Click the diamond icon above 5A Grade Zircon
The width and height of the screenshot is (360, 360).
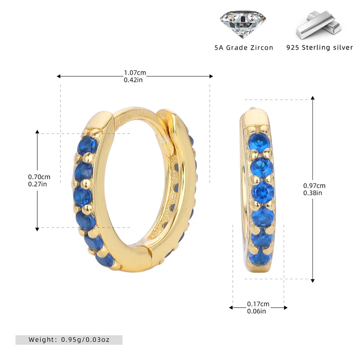click(242, 24)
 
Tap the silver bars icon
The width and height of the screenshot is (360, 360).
click(319, 25)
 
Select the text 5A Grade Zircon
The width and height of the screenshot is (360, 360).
click(244, 48)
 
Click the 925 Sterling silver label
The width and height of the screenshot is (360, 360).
click(320, 48)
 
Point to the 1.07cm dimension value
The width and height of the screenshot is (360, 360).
click(135, 73)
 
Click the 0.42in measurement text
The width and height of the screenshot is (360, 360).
click(134, 80)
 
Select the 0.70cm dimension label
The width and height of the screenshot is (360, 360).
click(39, 177)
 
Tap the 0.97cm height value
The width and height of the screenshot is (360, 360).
click(314, 186)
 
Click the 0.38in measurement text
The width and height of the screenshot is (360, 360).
click(313, 193)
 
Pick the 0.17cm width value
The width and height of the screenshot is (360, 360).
click(258, 304)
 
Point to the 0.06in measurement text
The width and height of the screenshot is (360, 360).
click(256, 311)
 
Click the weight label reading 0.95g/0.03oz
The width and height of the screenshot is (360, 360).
click(69, 340)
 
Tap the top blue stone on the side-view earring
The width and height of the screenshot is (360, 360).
click(259, 142)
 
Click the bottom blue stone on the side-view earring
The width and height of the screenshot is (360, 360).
click(260, 258)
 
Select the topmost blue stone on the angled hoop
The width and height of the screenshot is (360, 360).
click(88, 146)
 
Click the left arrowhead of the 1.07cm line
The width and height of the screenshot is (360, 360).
click(58, 76)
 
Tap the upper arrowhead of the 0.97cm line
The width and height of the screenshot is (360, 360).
click(313, 98)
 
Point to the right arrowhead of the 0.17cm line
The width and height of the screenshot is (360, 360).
click(286, 308)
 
